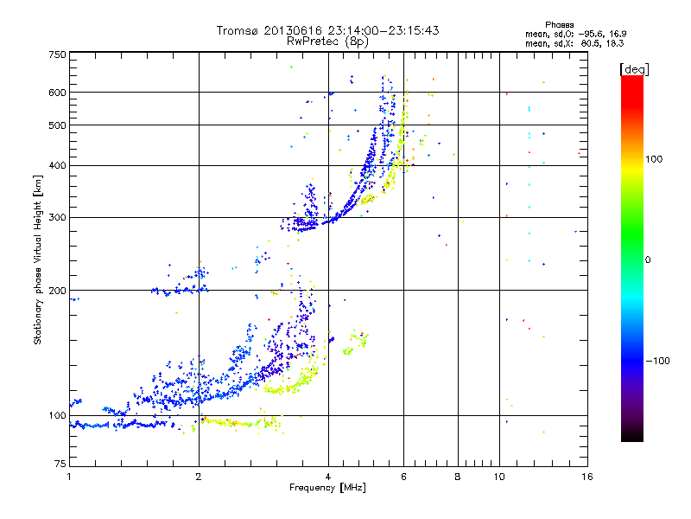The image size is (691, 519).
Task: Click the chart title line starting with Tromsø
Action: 327,29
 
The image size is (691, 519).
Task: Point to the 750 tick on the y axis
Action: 57,54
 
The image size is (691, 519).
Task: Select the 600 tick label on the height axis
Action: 57,93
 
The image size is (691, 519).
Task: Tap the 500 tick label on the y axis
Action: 57,125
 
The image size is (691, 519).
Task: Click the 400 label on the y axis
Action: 57,165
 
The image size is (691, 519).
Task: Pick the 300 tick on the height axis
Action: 57,217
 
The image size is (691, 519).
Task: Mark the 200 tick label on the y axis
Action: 57,291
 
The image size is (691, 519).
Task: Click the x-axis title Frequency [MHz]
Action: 327,489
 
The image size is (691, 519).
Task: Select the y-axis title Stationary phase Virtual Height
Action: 38,259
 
